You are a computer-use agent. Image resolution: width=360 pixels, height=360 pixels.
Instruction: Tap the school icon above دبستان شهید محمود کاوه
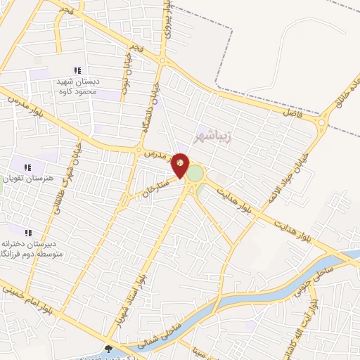pos(77,70)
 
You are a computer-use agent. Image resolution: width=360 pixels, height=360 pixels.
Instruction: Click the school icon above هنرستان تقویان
pos(28,167)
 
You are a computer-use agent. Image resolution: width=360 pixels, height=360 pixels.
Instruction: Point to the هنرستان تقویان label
pos(27,179)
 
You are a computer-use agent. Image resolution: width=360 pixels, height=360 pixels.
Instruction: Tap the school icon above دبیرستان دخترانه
pos(28,233)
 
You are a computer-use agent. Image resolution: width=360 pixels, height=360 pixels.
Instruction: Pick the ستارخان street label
pos(156,187)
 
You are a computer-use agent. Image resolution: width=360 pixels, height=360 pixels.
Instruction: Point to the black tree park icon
pos(108,349)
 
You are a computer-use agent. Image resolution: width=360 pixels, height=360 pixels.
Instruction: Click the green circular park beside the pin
pos(195,173)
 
